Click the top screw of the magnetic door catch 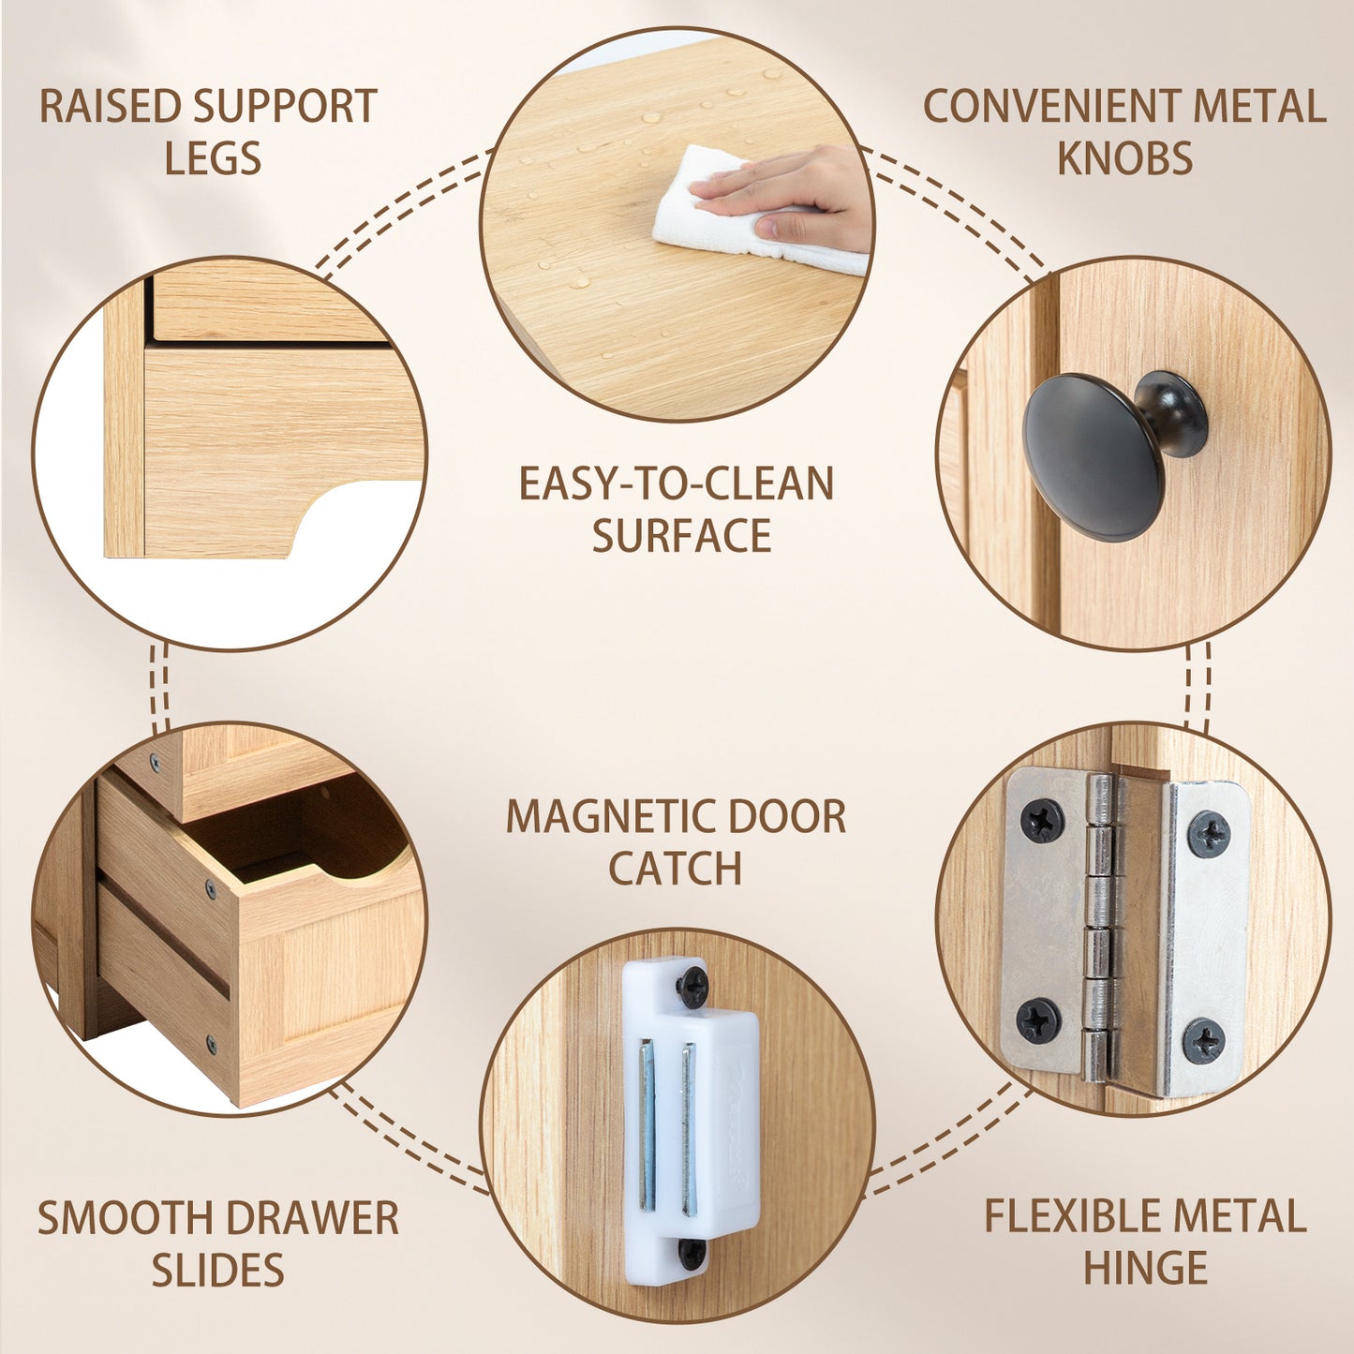coord(693,987)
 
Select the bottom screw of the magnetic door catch coord(692,1254)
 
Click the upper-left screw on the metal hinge coord(1042,821)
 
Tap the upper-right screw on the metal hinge coord(1209,834)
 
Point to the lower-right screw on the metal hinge coord(1203,1041)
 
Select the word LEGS coord(213,158)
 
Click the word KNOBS coord(1124,158)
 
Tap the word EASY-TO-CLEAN coord(676,484)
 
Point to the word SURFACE coord(681,536)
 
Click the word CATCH coord(675,869)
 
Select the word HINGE coord(1145,1269)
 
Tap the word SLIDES coord(217,1271)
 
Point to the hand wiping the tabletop coord(796,192)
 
